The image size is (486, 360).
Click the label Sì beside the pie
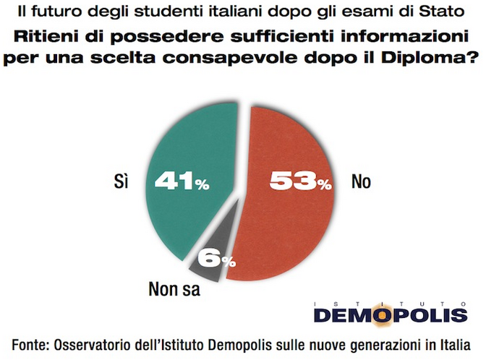[121, 181]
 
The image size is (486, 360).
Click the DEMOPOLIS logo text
[391, 316]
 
